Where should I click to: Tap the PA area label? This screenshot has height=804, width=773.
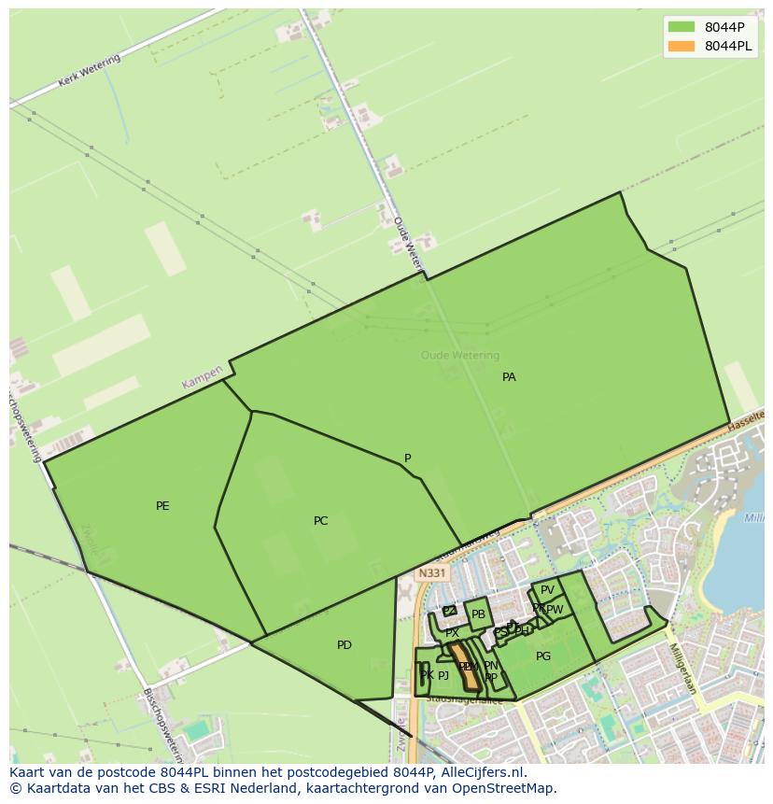[x=509, y=377]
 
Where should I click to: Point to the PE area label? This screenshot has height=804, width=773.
[x=162, y=506]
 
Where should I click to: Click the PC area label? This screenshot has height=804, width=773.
[x=320, y=521]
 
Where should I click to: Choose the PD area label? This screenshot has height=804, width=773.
[x=344, y=645]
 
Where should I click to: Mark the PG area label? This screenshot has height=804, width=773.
[x=543, y=656]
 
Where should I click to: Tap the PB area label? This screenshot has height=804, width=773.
[x=478, y=614]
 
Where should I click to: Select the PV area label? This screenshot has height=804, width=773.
[x=547, y=590]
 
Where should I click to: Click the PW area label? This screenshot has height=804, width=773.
[x=555, y=610]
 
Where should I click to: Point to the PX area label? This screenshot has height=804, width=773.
[x=452, y=632]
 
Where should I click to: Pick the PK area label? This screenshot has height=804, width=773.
[x=426, y=675]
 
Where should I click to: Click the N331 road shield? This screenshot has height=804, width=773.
[x=431, y=573]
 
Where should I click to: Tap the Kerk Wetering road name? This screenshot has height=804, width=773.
[x=90, y=71]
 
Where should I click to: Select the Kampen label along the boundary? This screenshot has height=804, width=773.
[x=203, y=378]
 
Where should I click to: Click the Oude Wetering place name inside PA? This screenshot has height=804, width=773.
[x=460, y=355]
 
